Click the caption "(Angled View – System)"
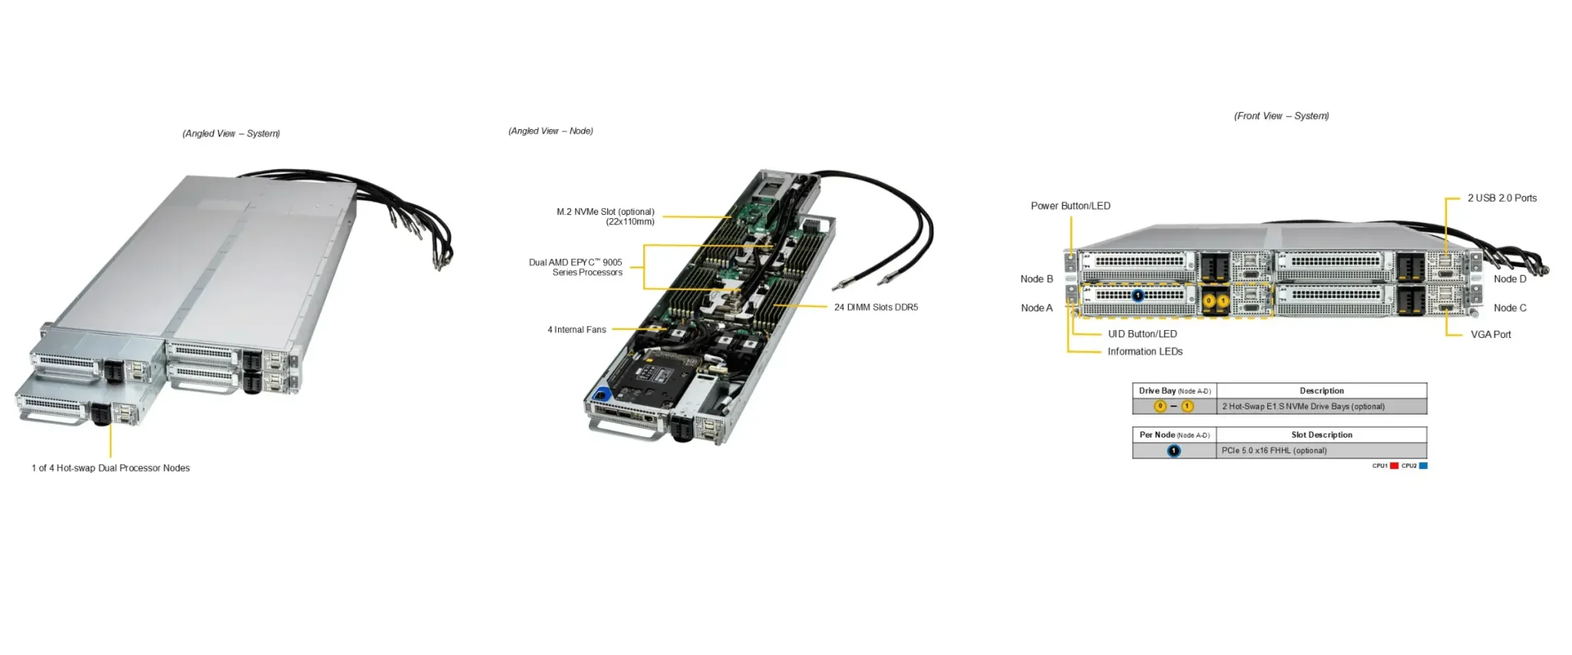231,134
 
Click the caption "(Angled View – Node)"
550,131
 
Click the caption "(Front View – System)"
1281,116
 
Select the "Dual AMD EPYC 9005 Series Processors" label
576,267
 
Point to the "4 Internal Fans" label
576,329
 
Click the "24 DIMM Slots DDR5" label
876,307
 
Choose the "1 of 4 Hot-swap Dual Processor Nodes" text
111,468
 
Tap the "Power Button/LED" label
1070,206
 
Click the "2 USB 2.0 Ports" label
1501,198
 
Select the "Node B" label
1036,279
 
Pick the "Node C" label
1509,308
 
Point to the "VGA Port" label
1490,335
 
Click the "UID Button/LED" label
1141,334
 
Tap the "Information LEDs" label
1144,352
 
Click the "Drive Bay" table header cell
1174,391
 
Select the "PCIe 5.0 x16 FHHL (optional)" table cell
1273,451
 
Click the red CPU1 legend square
1394,466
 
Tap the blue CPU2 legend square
1423,466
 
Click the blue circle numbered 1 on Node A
1138,296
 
